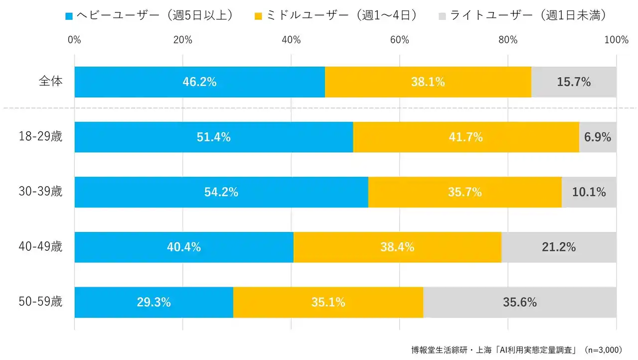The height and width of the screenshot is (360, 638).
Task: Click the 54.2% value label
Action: (221, 192)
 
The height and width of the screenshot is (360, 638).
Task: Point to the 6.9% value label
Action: (598, 137)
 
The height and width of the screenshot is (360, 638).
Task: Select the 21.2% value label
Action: (559, 247)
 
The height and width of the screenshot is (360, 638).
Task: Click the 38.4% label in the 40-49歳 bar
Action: (397, 247)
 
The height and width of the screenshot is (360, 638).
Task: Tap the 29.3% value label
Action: (154, 302)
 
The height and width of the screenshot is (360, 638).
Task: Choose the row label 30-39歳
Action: (39, 191)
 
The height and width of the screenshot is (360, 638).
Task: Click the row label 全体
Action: (50, 81)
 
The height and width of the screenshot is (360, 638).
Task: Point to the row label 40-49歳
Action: (39, 246)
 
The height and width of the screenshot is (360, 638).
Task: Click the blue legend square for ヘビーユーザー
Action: (69, 16)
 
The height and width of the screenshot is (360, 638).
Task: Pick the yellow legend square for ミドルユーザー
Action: (258, 16)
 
